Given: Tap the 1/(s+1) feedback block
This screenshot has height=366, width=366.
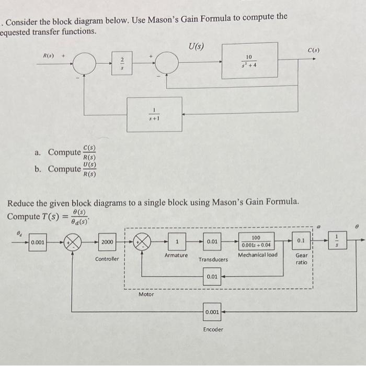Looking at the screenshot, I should pyautogui.click(x=155, y=114).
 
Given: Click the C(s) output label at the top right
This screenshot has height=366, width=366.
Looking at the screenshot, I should pyautogui.click(x=313, y=51).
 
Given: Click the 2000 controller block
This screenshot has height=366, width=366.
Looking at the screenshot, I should pyautogui.click(x=107, y=242).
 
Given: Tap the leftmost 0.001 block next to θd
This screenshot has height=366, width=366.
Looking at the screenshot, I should pyautogui.click(x=37, y=243).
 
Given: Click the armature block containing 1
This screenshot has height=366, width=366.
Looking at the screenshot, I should pyautogui.click(x=177, y=242).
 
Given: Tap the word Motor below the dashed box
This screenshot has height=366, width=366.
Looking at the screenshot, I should pyautogui.click(x=146, y=295).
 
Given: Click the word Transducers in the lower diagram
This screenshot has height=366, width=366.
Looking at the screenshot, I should pyautogui.click(x=213, y=259).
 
